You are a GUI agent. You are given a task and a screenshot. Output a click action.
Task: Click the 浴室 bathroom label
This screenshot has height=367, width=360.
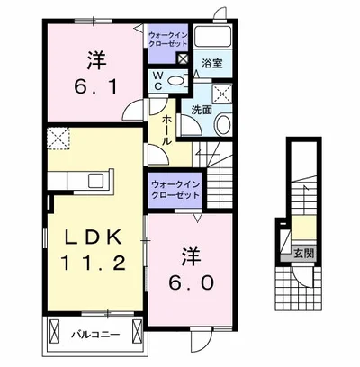(211, 63)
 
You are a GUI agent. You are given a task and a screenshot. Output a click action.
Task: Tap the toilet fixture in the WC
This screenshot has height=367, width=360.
(176, 80)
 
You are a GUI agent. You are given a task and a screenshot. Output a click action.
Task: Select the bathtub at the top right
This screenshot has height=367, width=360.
(212, 37)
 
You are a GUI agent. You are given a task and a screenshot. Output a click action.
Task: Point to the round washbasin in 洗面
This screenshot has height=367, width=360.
(223, 124)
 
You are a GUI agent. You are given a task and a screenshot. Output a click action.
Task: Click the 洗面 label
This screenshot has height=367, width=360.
(202, 110)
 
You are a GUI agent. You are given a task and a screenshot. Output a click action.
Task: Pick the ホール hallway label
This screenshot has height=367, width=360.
(167, 130)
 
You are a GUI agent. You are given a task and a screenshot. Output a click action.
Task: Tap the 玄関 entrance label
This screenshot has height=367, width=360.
(304, 254)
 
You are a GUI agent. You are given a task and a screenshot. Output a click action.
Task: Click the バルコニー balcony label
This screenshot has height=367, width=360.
(95, 335)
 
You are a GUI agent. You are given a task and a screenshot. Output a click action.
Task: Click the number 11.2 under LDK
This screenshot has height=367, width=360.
(94, 264)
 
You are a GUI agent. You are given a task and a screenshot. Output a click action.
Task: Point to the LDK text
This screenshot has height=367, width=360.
(94, 237)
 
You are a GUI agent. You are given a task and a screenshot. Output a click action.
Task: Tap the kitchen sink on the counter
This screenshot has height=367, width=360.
(95, 181)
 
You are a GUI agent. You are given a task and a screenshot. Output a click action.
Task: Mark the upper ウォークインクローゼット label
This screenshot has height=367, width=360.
(168, 40)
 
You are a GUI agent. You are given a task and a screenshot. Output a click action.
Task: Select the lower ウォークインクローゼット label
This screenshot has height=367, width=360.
(175, 190)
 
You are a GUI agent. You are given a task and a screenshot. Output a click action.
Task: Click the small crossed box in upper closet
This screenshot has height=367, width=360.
(183, 58)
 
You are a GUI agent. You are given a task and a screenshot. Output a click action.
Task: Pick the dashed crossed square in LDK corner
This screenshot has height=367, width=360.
(58, 139)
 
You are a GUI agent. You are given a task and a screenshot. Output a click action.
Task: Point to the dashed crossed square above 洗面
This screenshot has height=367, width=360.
(222, 94)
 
